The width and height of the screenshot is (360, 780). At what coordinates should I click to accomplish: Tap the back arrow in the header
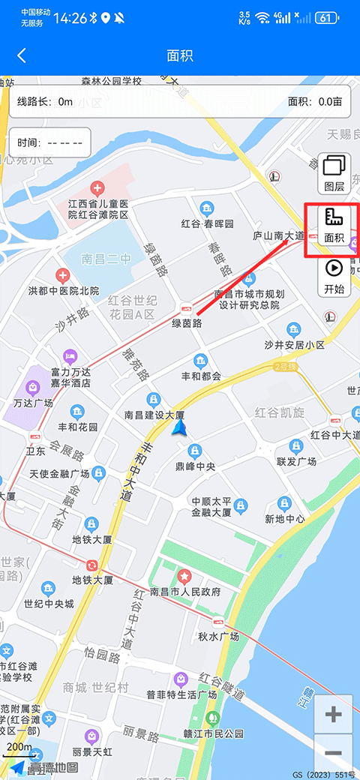pyautogui.click(x=22, y=55)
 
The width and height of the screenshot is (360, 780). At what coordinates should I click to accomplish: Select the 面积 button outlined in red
pyautogui.click(x=334, y=226)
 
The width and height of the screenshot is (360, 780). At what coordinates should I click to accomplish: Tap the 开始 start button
pyautogui.click(x=334, y=276)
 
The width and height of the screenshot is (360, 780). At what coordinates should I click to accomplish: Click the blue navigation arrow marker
pyautogui.click(x=179, y=427)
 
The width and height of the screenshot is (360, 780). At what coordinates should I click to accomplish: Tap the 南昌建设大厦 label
pyautogui.click(x=154, y=415)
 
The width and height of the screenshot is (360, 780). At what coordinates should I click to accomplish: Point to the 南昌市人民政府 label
pyautogui.click(x=185, y=592)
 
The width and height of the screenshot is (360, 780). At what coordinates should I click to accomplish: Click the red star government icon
pyautogui.click(x=184, y=576)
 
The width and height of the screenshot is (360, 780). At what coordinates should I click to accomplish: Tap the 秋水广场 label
pyautogui.click(x=218, y=637)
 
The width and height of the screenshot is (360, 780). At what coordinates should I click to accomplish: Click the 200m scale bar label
pyautogui.click(x=19, y=747)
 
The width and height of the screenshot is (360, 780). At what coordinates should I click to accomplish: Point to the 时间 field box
pyautogui.click(x=49, y=142)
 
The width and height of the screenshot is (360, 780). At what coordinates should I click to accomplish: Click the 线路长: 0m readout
pyautogui.click(x=45, y=102)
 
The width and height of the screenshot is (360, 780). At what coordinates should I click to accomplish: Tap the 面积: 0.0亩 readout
pyautogui.click(x=315, y=102)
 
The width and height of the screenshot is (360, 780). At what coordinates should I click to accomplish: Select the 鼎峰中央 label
pyautogui.click(x=195, y=466)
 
